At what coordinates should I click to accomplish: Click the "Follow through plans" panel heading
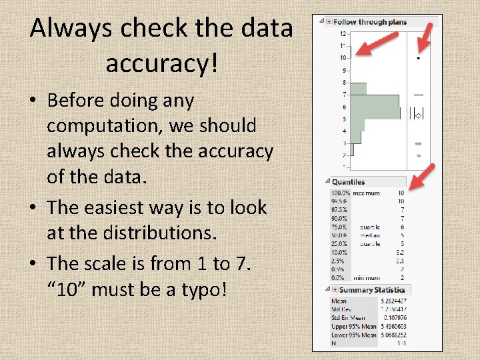coord(369,21)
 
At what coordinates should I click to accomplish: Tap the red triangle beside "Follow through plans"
coord(329,21)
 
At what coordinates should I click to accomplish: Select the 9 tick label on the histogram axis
coord(344,70)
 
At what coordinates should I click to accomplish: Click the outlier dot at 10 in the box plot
coord(419,58)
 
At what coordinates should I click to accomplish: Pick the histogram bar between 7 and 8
coord(358,88)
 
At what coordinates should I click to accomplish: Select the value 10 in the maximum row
coord(401,193)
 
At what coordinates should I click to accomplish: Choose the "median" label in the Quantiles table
coord(369,235)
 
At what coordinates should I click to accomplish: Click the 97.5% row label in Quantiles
coord(340,210)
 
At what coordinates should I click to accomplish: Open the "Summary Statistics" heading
coord(371,290)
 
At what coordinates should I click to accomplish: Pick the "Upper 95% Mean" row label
coord(354,326)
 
